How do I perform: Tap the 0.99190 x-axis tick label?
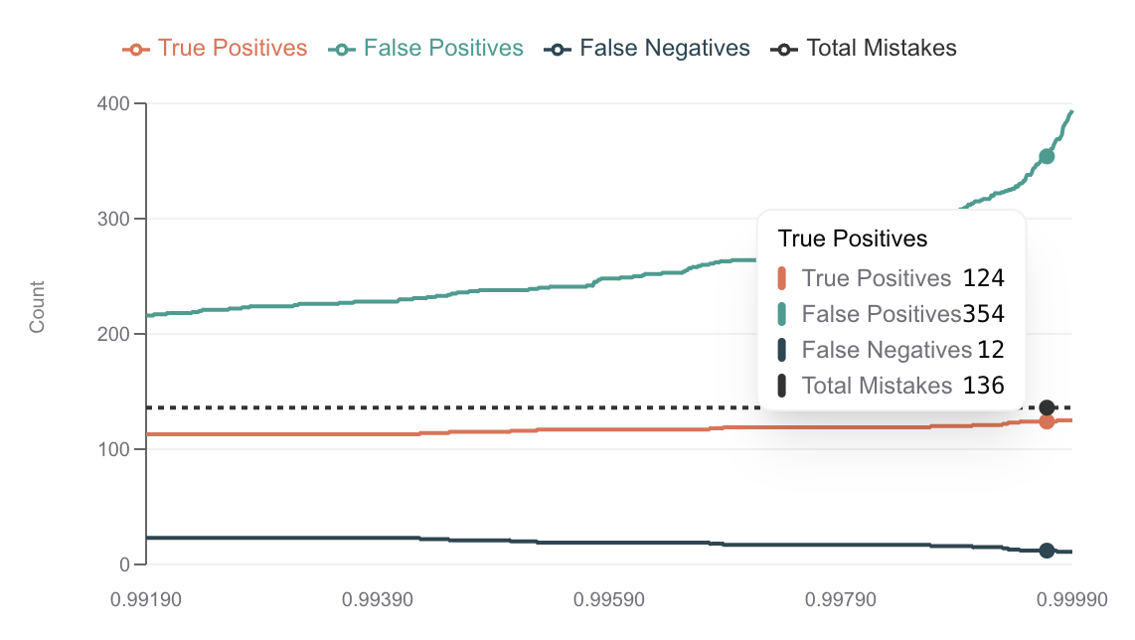point(146,600)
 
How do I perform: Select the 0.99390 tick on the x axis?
point(378,600)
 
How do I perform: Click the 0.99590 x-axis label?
point(609,600)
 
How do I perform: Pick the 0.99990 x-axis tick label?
point(1072,600)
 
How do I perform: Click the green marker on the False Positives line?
point(1047,156)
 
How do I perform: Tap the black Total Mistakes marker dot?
point(1047,407)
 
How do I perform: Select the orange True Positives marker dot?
point(1047,421)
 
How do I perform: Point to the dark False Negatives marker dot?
point(1047,551)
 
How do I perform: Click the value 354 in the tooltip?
point(984,314)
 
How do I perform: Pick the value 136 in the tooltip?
point(984,386)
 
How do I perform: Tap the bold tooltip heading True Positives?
point(853,239)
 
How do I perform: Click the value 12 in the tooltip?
point(990,350)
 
